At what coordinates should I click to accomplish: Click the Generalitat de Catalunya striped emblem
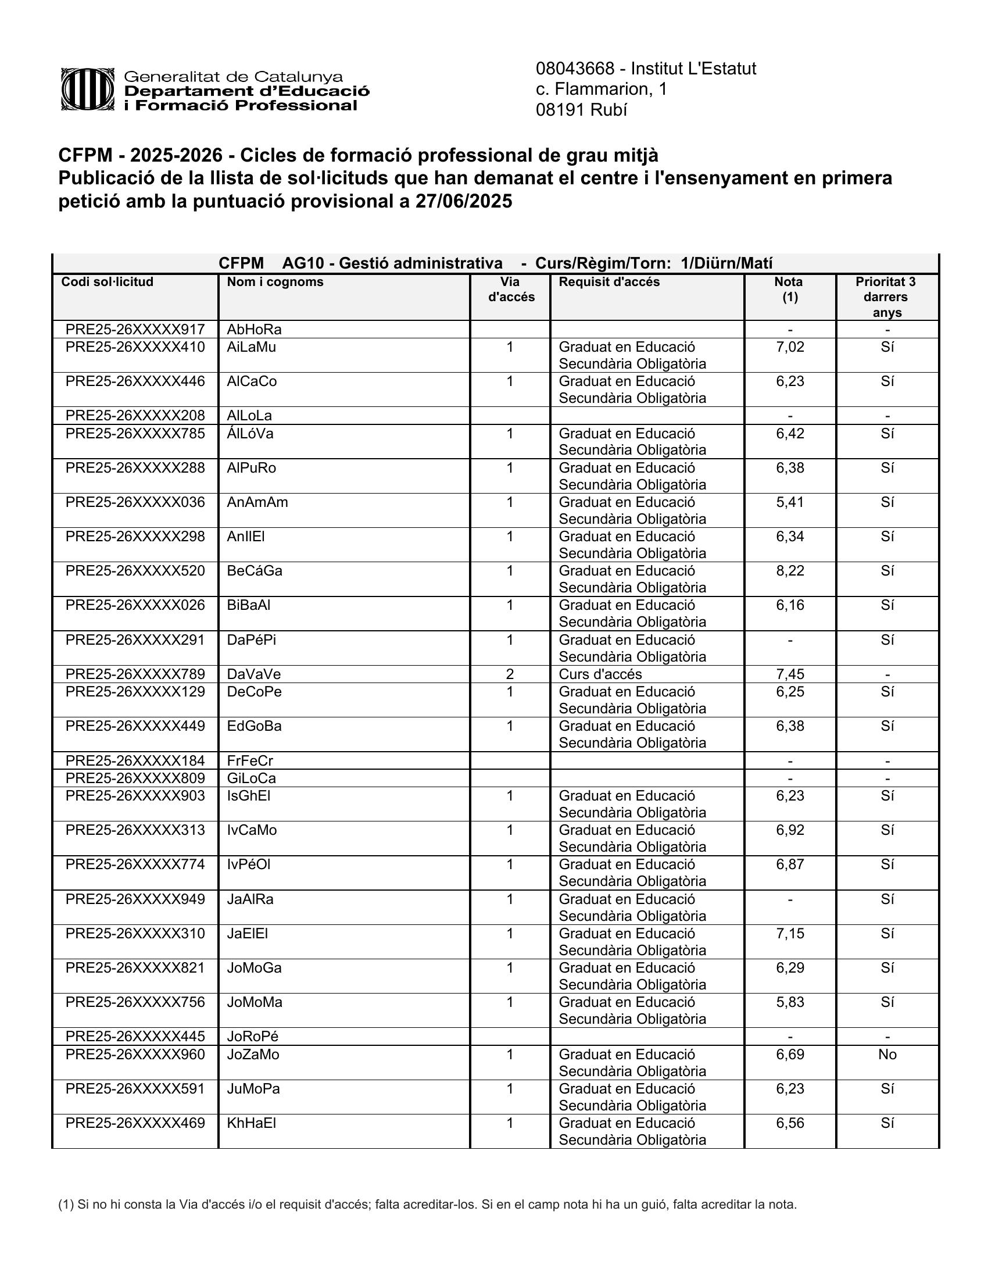coord(87,90)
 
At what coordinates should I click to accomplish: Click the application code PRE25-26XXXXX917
coord(135,329)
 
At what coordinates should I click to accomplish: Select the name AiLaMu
coord(251,347)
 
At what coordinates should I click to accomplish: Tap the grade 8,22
coord(790,571)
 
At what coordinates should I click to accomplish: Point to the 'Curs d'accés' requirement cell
coord(600,674)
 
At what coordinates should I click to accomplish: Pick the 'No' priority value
coord(887,1055)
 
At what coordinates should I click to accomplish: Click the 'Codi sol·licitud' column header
coord(107,283)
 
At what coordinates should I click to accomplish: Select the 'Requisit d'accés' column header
coord(608,283)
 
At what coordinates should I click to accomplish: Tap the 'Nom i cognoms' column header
coord(275,283)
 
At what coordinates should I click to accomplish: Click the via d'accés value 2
coord(509,674)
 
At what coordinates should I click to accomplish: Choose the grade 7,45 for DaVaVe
coord(790,674)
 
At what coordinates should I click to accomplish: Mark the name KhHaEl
coord(251,1123)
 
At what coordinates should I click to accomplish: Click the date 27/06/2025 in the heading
coord(464,202)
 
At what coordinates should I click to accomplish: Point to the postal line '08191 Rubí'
coord(581,110)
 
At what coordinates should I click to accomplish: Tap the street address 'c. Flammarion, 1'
coord(601,89)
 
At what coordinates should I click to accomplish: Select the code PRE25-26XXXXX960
coord(135,1055)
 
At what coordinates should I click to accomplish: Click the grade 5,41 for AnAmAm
coord(790,502)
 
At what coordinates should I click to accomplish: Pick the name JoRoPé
coord(252,1037)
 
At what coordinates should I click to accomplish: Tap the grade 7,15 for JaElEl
coord(790,934)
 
